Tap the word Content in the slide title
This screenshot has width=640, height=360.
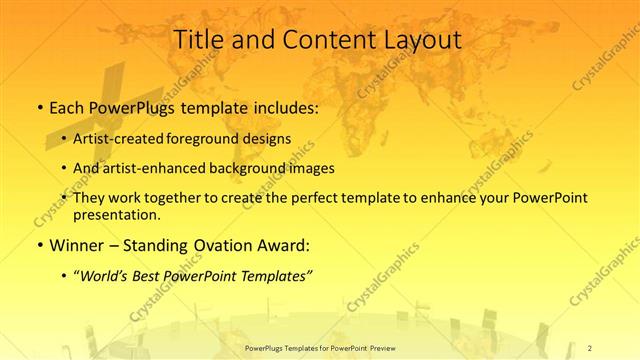[314, 41]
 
